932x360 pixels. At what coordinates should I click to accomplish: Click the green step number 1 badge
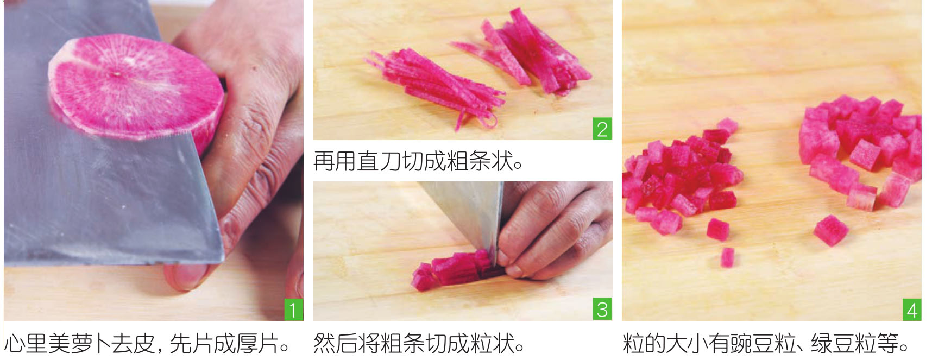[x=293, y=310]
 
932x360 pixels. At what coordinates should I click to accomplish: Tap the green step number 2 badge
[x=602, y=129]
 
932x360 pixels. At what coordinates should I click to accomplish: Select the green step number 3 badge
[x=602, y=310]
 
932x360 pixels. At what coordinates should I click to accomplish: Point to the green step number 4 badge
[x=912, y=310]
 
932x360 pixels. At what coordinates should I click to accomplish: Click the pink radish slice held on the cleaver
[x=136, y=90]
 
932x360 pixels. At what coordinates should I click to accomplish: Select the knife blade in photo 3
[x=467, y=217]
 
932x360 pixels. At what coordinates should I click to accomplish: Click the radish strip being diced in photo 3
[x=454, y=270]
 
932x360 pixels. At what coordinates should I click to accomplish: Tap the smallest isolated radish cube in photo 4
[x=727, y=257]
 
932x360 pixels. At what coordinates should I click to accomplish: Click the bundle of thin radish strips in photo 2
[x=432, y=87]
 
